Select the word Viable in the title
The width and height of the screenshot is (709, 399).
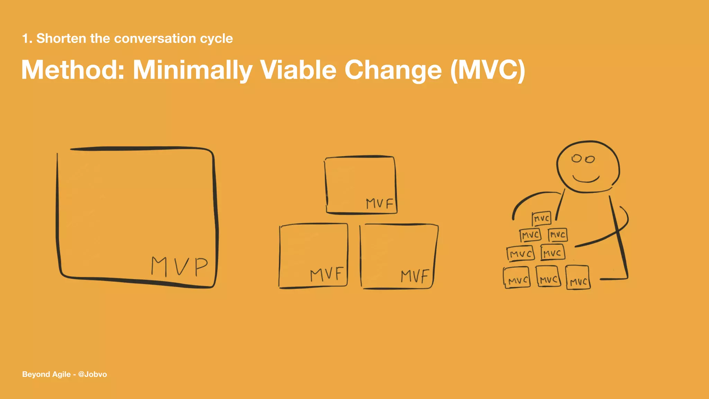[x=298, y=70]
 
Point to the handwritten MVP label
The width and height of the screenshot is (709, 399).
[x=179, y=266]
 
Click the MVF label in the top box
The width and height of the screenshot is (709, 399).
[x=380, y=204]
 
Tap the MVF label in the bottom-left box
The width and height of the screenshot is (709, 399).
[x=327, y=275]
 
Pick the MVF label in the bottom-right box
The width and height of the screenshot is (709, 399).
[x=414, y=276]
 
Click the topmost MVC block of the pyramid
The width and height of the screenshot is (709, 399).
[x=541, y=219]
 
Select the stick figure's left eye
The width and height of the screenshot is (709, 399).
[x=576, y=159]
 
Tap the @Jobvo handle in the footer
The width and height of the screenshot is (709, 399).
[x=92, y=374]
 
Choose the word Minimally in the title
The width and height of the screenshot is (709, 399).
[x=192, y=70]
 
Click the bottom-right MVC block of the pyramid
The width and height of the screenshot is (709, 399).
[x=578, y=278]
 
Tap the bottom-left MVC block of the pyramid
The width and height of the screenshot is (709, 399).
[x=517, y=277]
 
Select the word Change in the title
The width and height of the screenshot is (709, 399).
[x=393, y=70]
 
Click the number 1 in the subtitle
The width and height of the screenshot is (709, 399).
[x=25, y=38]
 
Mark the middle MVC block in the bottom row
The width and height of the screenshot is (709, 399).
[x=548, y=276]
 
